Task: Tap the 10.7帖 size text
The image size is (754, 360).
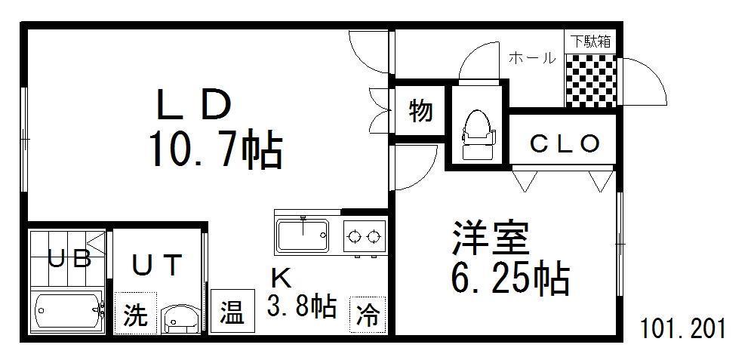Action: point(215,150)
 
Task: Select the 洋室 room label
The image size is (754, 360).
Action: point(490,238)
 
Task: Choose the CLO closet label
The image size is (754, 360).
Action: point(565,143)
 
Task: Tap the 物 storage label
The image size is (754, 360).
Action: point(420,112)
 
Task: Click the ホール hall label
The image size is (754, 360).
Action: point(532,59)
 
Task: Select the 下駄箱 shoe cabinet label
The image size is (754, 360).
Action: point(590,42)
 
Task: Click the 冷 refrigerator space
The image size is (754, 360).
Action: point(368,314)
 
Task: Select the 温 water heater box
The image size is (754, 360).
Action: point(232,311)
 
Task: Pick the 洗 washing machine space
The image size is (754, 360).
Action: point(136,313)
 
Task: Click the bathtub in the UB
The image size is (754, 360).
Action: point(68,310)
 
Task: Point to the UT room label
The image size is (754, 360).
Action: point(157,265)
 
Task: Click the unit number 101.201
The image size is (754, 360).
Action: point(682,329)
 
